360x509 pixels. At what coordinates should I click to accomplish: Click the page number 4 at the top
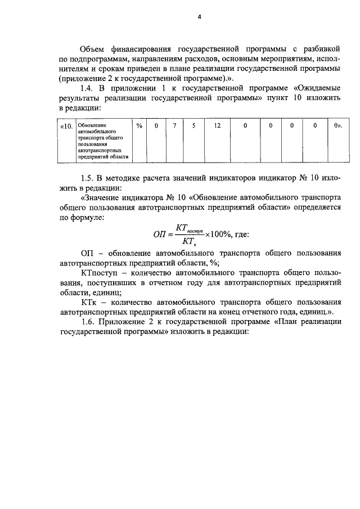(199, 16)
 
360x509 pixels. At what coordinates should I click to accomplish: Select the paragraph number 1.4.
(90, 88)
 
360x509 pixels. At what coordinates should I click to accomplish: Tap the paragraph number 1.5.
(90, 178)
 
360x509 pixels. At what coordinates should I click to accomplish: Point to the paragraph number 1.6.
(90, 321)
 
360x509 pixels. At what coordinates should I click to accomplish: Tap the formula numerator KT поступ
(190, 228)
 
